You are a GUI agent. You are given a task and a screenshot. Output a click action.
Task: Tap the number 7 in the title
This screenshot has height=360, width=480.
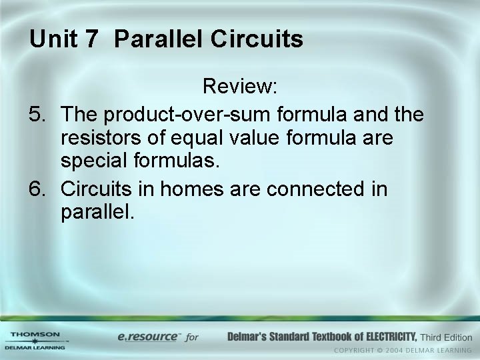point(92,39)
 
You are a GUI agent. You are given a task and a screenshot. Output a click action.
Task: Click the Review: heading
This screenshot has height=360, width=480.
point(240,87)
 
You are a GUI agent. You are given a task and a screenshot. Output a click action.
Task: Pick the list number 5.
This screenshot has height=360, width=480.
point(37,115)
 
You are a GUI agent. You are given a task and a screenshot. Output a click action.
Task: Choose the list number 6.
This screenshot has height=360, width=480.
point(37,189)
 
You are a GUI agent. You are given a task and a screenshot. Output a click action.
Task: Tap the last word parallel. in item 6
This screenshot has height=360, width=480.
point(97,214)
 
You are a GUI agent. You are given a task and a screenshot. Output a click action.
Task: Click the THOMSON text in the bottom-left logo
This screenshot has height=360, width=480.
point(35,334)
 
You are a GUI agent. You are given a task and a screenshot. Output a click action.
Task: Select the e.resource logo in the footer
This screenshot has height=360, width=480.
point(147,337)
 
